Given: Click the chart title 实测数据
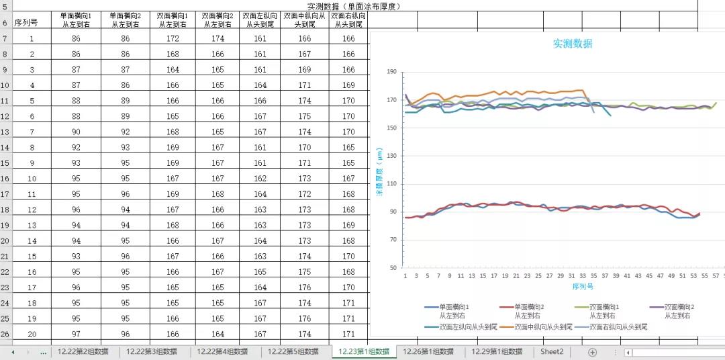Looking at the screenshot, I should (x=573, y=44).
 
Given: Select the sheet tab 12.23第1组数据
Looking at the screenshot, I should (x=364, y=351).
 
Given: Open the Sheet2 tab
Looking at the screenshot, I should (x=552, y=351).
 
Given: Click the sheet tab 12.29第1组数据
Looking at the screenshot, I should (x=497, y=351).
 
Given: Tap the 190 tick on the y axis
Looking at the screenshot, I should (x=391, y=72).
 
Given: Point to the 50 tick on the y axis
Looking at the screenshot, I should (x=393, y=268).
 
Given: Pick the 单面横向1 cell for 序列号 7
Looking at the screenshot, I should (x=76, y=132).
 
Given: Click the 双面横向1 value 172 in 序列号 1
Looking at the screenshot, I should (x=173, y=38).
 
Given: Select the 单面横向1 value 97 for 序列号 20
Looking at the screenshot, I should (x=76, y=334).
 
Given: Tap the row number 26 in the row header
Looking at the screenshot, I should (x=5, y=334).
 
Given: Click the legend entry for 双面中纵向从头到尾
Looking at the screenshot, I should (x=535, y=327).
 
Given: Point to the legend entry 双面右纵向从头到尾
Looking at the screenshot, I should (x=610, y=327).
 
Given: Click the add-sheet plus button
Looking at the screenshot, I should (x=592, y=352).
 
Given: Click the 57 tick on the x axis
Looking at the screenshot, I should (x=715, y=276).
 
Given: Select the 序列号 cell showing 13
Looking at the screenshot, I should (x=32, y=225).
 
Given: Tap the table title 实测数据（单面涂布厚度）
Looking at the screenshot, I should (x=348, y=6).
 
